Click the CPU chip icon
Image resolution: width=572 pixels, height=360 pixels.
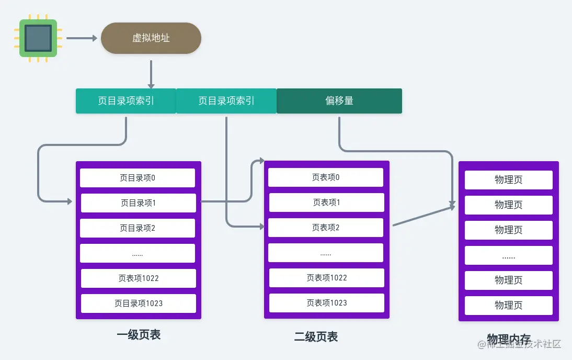pos(38,38)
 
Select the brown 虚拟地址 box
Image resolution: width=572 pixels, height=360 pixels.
pos(151,38)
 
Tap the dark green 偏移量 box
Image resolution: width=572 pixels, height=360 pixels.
pos(339,100)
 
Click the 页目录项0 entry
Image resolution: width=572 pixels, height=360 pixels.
pos(138,178)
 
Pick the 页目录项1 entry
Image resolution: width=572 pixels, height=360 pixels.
pos(139,203)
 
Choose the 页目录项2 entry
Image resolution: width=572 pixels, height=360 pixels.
pos(138,228)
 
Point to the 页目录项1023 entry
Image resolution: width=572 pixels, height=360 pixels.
pos(139,303)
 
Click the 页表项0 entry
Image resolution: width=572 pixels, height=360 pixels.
pos(326,177)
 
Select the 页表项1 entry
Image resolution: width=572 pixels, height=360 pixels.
pos(327,203)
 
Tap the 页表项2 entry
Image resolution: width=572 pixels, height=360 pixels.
pos(326,228)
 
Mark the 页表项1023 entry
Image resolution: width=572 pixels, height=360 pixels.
pos(327,303)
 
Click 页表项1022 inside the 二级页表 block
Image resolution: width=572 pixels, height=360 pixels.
pos(327,278)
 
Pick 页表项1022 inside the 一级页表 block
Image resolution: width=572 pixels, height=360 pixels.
pos(139,278)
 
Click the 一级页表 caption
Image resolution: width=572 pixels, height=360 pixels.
pos(139,335)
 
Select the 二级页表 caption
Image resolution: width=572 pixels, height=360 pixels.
pos(316,336)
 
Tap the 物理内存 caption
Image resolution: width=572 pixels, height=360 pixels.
pos(508,338)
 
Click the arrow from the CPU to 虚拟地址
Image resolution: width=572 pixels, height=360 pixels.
pos(82,38)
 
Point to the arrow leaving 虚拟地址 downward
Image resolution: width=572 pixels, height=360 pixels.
pos(151,74)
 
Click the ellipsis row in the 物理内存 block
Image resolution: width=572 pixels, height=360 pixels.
pos(509,256)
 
